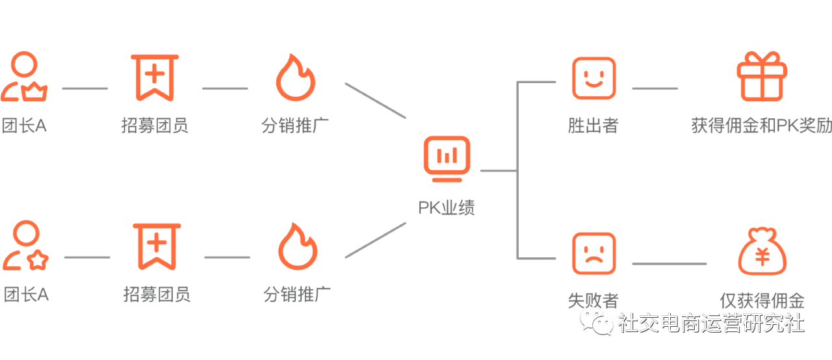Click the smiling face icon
click(x=593, y=78)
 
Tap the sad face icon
click(x=593, y=253)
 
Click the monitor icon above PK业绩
click(x=446, y=158)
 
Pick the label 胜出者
click(x=593, y=125)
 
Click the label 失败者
click(x=593, y=300)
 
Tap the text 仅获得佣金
click(x=762, y=301)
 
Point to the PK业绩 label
click(x=446, y=208)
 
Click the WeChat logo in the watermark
click(x=596, y=320)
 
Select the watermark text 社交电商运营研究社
click(x=711, y=322)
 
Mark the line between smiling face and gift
click(x=655, y=88)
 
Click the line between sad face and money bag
click(x=669, y=264)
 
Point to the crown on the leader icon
click(x=36, y=92)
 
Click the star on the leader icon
click(x=38, y=261)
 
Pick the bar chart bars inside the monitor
click(x=446, y=155)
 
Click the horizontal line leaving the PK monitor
click(x=498, y=171)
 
